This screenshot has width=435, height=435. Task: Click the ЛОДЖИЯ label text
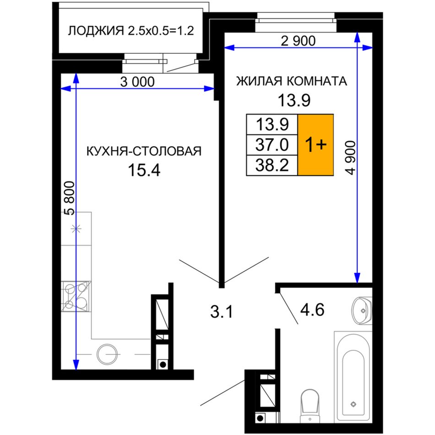[96, 31]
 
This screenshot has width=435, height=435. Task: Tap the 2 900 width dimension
[298, 41]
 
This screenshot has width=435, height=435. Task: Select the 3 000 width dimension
[137, 82]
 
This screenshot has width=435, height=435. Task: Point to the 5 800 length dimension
[70, 198]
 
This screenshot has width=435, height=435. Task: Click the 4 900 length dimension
[350, 158]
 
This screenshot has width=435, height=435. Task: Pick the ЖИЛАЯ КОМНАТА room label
[292, 82]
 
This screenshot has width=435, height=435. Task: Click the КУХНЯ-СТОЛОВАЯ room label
[144, 152]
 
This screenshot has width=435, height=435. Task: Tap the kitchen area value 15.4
[144, 170]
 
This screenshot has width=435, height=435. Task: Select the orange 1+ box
[315, 145]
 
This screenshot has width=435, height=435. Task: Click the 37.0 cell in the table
[272, 145]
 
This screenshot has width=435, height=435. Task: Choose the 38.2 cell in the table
[272, 165]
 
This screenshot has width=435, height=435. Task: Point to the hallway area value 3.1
[221, 312]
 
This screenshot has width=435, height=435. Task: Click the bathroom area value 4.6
[312, 310]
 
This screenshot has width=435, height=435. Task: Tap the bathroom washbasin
[362, 310]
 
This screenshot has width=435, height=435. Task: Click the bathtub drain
[353, 404]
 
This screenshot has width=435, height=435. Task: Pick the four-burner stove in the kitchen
[76, 296]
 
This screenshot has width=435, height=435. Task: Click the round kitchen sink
[107, 354]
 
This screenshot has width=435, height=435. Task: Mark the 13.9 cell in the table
[272, 124]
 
